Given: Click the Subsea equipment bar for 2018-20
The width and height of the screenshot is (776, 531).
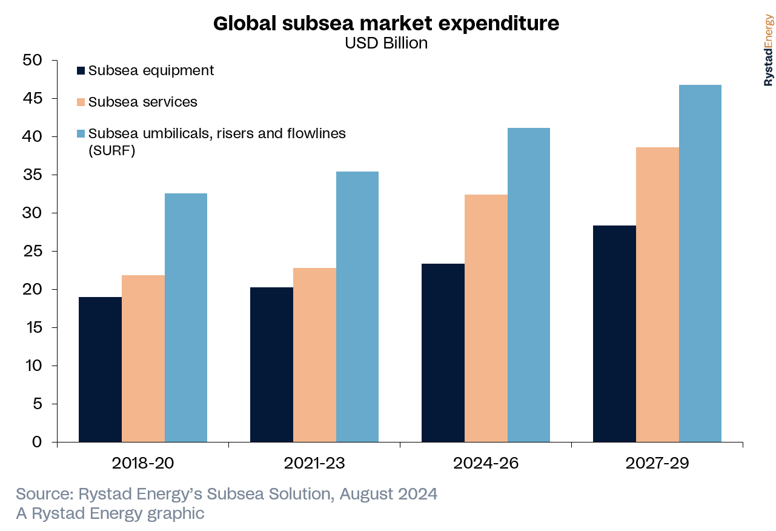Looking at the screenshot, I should point(101,369).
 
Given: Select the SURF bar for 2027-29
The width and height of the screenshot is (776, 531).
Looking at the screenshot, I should point(700,263).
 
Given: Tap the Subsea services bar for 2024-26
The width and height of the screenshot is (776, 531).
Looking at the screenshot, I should point(486,318).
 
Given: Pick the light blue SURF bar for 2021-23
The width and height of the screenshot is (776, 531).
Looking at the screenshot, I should point(357,306).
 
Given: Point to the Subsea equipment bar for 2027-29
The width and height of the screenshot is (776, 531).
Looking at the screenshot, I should point(614,333).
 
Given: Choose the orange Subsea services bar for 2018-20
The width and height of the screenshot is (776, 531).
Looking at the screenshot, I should point(143,358).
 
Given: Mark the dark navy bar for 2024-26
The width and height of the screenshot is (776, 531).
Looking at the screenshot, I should point(443,352).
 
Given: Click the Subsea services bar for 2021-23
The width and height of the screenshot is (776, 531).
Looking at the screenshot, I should point(314,355).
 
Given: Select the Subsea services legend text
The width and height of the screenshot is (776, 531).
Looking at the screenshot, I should point(142,102).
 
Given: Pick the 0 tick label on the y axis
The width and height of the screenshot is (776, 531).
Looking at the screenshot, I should point(38,442).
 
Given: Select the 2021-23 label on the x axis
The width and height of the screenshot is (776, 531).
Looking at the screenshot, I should point(314,464).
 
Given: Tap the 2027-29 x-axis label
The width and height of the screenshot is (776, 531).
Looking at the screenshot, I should point(657,464).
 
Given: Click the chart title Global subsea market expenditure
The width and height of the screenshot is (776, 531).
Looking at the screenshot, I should point(386,24).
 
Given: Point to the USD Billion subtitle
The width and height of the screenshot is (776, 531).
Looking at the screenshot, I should point(386,44).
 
